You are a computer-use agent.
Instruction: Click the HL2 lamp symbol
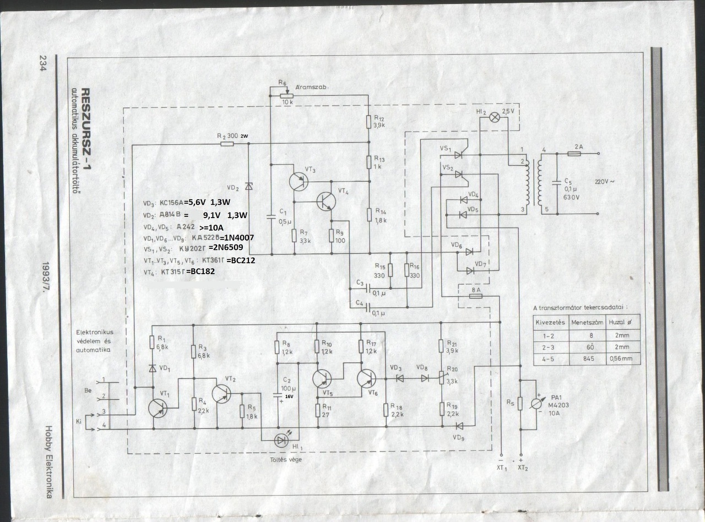(494, 116)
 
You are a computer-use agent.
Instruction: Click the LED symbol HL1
(281, 439)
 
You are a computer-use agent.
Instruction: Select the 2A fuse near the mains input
(573, 154)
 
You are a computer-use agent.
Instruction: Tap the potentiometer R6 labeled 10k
(286, 95)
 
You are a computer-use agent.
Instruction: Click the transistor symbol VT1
(158, 407)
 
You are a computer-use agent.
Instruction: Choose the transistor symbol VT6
(366, 378)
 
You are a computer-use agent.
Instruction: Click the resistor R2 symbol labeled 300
(227, 144)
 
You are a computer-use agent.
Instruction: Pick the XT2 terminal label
(522, 468)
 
